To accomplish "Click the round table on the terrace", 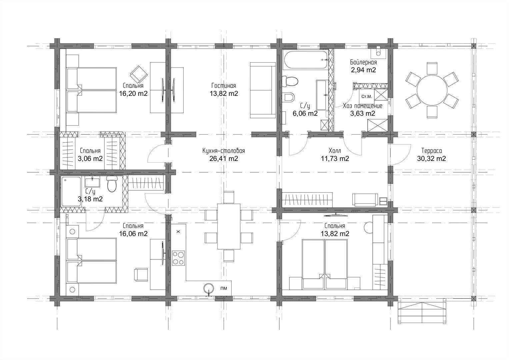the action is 432,90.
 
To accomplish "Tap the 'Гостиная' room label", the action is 224,86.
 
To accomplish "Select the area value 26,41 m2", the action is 224,158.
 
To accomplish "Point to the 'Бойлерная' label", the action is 363,62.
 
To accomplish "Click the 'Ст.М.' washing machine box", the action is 367,97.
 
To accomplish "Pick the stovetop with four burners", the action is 178,258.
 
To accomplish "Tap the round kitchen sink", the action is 209,289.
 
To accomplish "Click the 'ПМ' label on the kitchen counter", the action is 224,288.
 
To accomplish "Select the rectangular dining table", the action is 229,227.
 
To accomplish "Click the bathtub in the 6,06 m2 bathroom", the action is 306,60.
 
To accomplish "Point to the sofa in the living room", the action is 263,90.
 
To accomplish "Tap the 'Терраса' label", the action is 432,151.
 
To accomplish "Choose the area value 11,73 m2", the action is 335,158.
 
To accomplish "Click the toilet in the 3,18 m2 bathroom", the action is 112,184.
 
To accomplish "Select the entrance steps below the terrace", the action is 422,313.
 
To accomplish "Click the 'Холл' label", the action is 335,151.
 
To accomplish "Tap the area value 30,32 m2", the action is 432,158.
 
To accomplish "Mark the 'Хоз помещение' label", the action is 363,106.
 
